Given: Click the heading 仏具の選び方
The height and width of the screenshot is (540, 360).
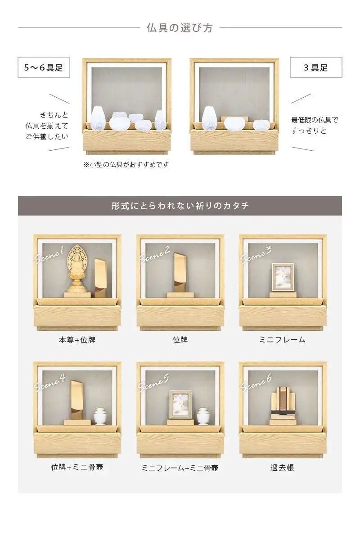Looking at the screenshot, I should point(180,28).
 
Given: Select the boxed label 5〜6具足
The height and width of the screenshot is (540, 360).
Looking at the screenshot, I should point(44,67).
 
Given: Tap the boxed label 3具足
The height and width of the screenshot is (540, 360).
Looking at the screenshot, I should point(316,67).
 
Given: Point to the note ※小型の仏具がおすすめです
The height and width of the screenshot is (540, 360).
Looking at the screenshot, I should point(126,165).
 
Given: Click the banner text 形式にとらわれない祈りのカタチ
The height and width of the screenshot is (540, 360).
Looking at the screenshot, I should point(180,206).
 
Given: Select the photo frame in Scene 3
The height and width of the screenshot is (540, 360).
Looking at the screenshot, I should point(283,277).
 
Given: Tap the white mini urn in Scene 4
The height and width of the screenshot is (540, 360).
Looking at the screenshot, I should point(99,416).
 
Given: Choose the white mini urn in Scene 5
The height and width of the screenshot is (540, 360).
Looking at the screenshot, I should point(203,416).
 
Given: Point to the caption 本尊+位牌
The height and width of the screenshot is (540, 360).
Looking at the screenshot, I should point(77,340).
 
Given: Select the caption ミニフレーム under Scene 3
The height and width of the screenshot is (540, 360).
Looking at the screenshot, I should point(282,340).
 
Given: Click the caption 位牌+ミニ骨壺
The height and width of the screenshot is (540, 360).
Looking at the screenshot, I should point(77,468).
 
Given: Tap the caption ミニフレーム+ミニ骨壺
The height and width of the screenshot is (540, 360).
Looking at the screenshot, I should point(180,468).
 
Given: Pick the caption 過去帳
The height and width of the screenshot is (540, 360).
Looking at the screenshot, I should point(282,468).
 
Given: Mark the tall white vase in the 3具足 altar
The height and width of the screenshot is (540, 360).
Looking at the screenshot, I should point(209,118).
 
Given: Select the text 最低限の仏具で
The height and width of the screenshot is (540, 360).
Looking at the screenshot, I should point(315,120).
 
